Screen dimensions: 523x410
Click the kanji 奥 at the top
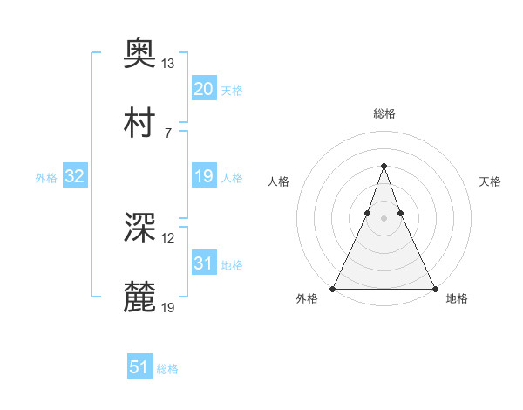pos(140,54)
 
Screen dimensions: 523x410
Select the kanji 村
pos(140,121)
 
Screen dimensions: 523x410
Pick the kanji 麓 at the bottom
pos(140,296)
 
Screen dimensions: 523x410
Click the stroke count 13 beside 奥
pos(168,64)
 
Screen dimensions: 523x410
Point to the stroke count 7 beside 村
pos(168,132)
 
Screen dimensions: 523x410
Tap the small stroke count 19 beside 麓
pos(168,306)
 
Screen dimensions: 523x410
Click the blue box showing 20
pos(203,89)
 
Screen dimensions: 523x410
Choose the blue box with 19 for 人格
pos(203,176)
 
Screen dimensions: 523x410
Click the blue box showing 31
pos(203,263)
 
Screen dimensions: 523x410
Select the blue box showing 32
pos(75,176)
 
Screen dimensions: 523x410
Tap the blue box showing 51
pos(139,367)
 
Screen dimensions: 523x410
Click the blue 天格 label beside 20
pos(232,91)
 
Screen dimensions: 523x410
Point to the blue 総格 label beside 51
pos(167,369)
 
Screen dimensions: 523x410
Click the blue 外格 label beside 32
pos(46,178)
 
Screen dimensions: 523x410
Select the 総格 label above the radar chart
pos(384,113)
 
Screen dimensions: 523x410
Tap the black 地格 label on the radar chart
pos(457,298)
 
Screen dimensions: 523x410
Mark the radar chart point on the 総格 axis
pos(384,166)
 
